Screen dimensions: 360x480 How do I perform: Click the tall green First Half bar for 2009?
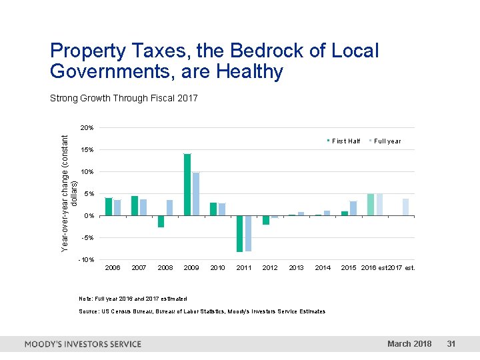tap(187, 185)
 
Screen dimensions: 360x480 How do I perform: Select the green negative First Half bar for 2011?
tap(239, 233)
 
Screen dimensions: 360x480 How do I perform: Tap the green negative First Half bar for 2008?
tap(161, 221)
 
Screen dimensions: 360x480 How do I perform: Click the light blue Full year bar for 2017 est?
tap(405, 207)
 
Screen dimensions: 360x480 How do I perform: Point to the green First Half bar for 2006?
tap(109, 207)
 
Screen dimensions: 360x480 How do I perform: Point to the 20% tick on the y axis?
tap(87, 127)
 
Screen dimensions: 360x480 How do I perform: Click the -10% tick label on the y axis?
tap(87, 259)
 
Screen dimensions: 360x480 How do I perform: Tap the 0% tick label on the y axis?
tap(89, 215)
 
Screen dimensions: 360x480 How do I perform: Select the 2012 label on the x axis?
tap(270, 267)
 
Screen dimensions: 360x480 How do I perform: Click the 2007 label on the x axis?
tap(139, 267)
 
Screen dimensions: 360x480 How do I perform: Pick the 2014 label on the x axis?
tap(323, 267)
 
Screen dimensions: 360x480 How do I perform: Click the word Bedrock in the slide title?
tap(265, 51)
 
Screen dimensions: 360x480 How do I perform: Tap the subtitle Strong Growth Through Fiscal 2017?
tap(123, 99)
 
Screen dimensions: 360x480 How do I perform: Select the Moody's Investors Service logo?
tap(83, 344)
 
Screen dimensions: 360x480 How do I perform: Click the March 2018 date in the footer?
tap(409, 344)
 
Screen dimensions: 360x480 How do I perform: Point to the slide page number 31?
tap(451, 344)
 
